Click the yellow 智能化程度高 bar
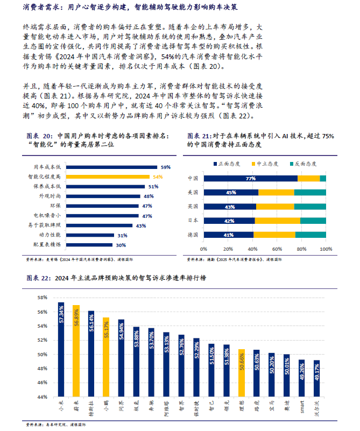click(x=108, y=176)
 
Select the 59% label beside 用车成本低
click(x=165, y=167)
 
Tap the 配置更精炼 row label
click(x=47, y=244)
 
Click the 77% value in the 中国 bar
click(x=250, y=178)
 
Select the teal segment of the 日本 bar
click(x=313, y=221)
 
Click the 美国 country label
click(x=193, y=192)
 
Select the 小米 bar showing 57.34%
click(x=61, y=349)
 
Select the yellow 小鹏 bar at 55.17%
click(x=107, y=357)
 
